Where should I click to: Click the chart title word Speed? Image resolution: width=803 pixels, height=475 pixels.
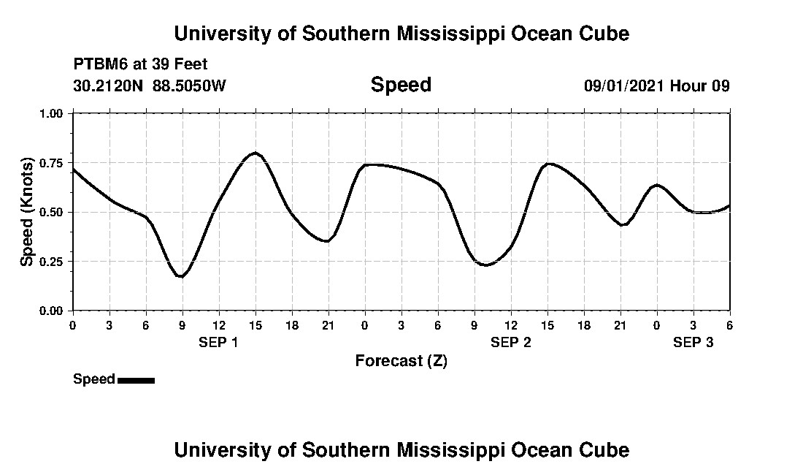point(401,85)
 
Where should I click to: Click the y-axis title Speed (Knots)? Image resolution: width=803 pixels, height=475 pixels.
point(27,212)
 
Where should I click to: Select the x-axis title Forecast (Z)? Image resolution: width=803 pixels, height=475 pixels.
point(401,360)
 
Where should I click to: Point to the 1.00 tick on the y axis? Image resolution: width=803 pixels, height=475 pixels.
point(51,114)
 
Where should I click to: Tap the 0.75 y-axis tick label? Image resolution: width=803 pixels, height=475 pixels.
point(51,163)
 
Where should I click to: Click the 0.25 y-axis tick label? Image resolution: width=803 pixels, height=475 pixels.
point(51,262)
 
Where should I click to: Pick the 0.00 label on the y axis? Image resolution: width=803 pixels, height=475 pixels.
point(51,311)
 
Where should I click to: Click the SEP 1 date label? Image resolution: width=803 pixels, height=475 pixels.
point(218,342)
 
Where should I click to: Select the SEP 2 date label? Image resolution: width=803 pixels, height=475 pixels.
point(510,342)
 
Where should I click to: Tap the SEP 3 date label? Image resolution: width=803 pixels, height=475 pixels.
point(693,342)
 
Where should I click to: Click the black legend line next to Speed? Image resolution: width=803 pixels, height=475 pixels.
point(136,380)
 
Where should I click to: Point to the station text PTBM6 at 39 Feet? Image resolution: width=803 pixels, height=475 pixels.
point(141,64)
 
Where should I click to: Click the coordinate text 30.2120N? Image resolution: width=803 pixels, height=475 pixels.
point(109,85)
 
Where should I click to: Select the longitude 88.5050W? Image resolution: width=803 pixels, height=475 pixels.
point(190,85)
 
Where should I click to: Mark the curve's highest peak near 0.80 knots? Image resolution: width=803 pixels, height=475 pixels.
point(255,153)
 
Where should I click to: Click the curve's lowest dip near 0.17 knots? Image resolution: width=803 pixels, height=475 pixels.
point(181,277)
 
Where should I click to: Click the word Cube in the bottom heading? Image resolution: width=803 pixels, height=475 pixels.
point(607,449)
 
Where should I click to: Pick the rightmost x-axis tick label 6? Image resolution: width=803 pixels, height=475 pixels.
point(729,324)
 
